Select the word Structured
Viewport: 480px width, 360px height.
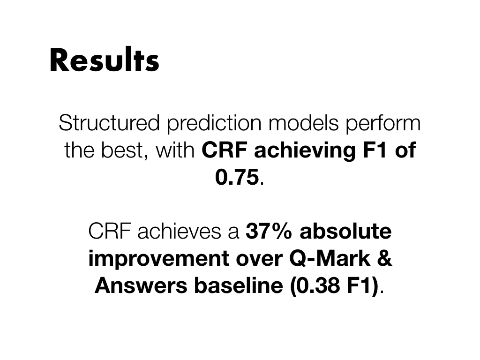point(109,123)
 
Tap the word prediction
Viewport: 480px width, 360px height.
point(214,123)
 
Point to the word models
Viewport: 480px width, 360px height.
point(303,123)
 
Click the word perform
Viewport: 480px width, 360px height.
point(383,123)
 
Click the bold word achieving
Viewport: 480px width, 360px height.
point(305,150)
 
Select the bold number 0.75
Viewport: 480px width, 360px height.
point(237,177)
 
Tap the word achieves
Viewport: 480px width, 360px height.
point(179,231)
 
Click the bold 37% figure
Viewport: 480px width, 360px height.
point(269,231)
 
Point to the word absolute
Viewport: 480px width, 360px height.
point(345,231)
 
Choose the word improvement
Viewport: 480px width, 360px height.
point(158,259)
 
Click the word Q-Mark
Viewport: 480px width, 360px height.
point(330,259)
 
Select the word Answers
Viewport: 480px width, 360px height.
point(141,285)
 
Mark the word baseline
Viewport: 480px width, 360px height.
point(239,285)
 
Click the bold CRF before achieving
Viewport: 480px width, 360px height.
point(225,150)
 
